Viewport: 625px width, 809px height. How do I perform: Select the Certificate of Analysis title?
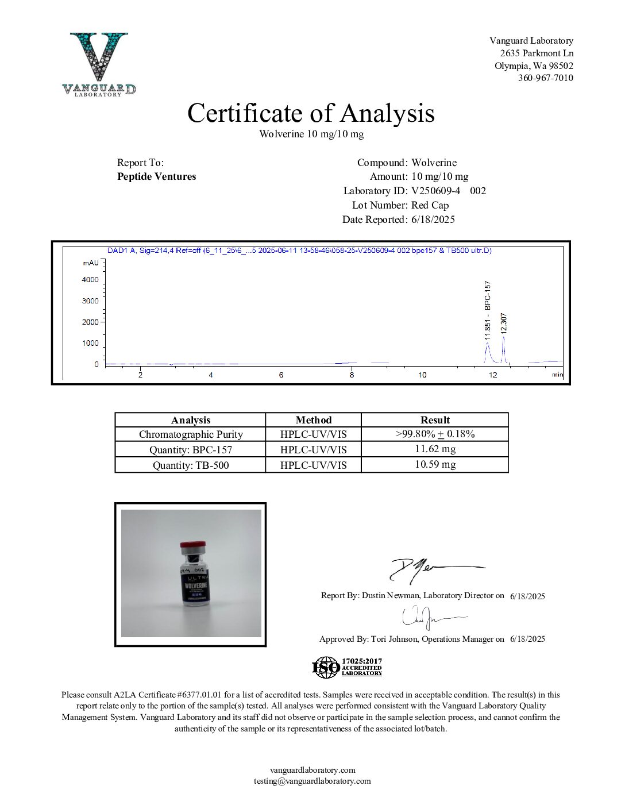(x=311, y=113)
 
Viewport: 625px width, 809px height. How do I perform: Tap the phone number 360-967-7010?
(x=545, y=78)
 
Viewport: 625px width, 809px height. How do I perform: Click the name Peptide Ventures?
(x=156, y=176)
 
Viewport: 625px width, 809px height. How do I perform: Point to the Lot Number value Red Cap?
(x=430, y=205)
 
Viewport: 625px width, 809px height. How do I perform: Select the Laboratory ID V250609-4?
(x=436, y=191)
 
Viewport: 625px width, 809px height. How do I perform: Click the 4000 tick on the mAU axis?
(x=90, y=280)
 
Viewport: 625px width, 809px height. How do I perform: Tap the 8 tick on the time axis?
(x=352, y=375)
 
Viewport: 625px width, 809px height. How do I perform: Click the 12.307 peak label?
(x=504, y=323)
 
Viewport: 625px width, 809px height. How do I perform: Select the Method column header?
(x=313, y=420)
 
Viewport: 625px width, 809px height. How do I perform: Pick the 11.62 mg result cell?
(x=435, y=449)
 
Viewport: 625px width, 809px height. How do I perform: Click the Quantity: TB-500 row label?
(x=190, y=465)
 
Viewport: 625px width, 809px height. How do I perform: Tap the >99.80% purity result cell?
(x=435, y=434)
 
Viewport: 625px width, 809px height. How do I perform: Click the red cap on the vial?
(x=193, y=545)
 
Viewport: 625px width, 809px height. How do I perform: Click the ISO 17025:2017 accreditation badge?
(x=347, y=668)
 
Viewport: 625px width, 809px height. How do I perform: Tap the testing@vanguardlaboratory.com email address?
(x=312, y=781)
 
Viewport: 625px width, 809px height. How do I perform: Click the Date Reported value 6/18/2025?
(x=433, y=219)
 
